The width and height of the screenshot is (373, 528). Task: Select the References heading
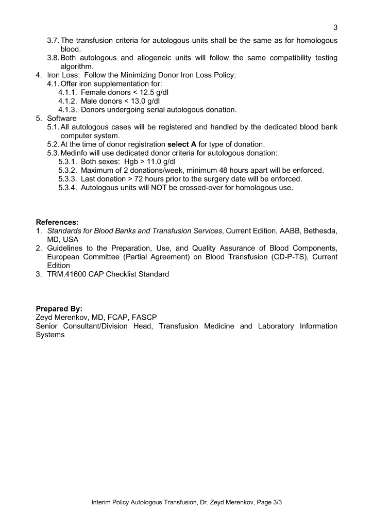coord(57,222)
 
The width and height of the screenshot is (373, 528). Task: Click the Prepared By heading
coord(59,309)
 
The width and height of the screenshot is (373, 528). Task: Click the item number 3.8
coord(53,58)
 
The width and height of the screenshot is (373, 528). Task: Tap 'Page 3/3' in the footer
coord(268,501)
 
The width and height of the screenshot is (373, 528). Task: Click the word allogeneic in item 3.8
coord(162,58)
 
